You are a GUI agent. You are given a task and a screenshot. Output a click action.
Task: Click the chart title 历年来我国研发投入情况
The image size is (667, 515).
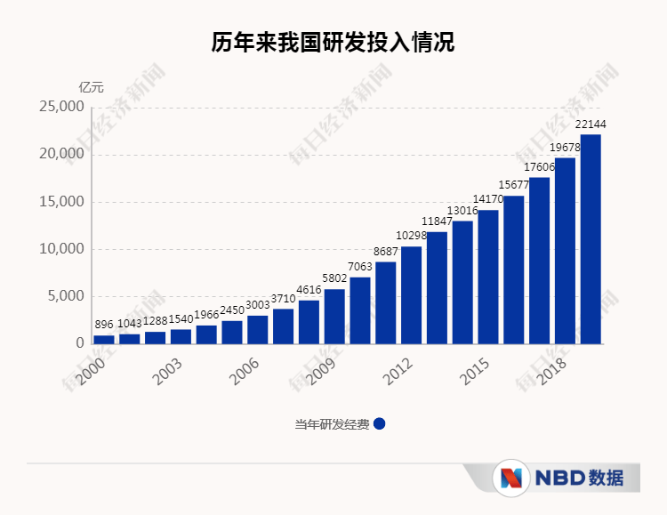pos(333,43)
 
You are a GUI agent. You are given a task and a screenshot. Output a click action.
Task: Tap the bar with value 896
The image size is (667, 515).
pos(104,339)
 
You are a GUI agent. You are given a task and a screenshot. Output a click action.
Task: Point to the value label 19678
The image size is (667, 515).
pos(565,148)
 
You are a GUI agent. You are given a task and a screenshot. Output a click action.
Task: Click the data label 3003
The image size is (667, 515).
pos(258,305)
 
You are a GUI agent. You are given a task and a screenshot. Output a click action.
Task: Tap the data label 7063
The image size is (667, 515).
pos(360,267)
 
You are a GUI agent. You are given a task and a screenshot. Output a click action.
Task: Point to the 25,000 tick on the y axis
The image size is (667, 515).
pos(61,107)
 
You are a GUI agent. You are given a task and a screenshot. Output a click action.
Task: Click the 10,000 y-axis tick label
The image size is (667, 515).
pos(61,249)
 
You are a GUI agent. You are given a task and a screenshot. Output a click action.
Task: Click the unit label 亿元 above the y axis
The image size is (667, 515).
pos(91,87)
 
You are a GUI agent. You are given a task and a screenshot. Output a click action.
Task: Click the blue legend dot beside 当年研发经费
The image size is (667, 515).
pos(380,424)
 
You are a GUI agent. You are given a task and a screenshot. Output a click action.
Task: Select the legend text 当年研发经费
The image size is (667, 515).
pos(332,424)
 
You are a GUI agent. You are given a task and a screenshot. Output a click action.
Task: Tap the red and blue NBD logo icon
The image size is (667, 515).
pos(510,478)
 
